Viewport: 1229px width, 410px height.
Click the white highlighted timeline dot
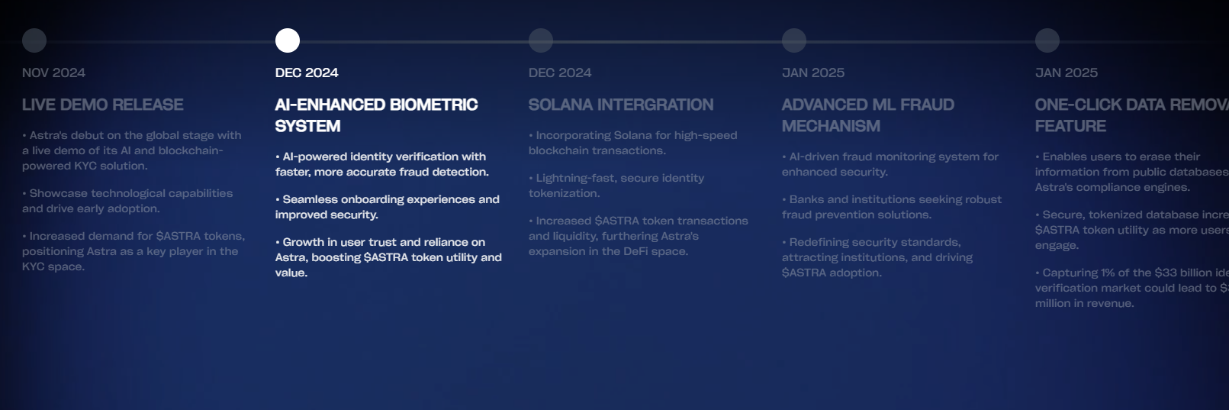click(x=288, y=40)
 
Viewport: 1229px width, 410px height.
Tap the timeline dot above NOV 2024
click(x=34, y=40)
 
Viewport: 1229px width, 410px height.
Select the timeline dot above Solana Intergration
click(x=541, y=40)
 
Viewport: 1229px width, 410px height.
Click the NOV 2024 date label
click(x=53, y=73)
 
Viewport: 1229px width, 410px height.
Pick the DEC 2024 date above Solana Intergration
click(x=560, y=73)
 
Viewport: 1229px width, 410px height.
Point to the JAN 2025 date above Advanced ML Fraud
click(x=813, y=73)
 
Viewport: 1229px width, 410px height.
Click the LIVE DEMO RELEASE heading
click(x=103, y=105)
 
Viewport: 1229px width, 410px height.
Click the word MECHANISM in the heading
click(x=831, y=126)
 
